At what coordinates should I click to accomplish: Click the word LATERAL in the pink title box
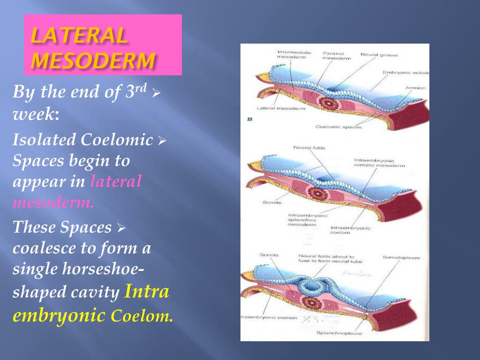point(79,36)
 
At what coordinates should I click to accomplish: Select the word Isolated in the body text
point(44,140)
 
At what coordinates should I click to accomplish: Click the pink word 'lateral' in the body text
point(116,181)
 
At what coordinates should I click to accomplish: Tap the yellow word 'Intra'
point(147,292)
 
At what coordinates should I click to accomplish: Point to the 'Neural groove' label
point(379,55)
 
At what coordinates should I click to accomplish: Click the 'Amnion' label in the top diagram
point(415,88)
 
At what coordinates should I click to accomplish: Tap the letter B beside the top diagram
point(250,120)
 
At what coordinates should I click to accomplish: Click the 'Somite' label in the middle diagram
point(272,202)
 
